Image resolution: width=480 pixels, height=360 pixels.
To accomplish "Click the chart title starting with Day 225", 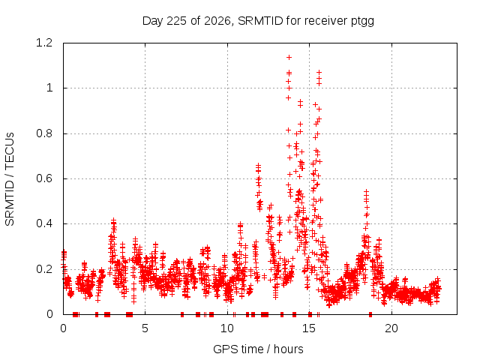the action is coord(258,21).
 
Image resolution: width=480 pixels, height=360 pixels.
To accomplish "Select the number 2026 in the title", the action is coord(217,21).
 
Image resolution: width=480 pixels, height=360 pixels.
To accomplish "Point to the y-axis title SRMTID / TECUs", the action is coord(10,179).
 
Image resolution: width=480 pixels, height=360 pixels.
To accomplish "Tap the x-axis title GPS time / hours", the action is coord(258,349).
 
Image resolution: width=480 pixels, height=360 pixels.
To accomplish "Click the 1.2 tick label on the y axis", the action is coord(44,43).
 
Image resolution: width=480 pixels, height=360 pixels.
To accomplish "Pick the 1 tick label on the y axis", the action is coord(49,88).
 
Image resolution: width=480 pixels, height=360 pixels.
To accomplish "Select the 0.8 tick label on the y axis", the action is coord(44,133).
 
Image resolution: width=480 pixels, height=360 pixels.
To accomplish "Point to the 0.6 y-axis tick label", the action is coord(44,178).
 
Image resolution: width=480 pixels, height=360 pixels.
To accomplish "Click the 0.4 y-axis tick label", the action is coord(44,223).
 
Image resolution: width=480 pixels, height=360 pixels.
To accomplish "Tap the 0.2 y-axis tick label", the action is coord(44,269).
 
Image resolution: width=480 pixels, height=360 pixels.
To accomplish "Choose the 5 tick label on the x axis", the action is coord(145,328).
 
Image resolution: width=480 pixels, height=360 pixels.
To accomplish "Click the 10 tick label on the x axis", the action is coord(227,328).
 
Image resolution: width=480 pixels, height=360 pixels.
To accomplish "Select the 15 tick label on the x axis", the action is coord(309,328).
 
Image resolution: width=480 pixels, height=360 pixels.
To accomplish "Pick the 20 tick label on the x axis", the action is coord(391,328).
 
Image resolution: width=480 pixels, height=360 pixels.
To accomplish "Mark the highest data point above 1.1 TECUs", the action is coord(289,57).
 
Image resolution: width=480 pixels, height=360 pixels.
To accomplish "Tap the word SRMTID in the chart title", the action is coord(260,21).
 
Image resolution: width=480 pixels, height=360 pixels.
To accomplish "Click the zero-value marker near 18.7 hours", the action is coord(370,314).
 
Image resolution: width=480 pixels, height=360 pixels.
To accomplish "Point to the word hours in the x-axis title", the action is coord(288,349).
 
